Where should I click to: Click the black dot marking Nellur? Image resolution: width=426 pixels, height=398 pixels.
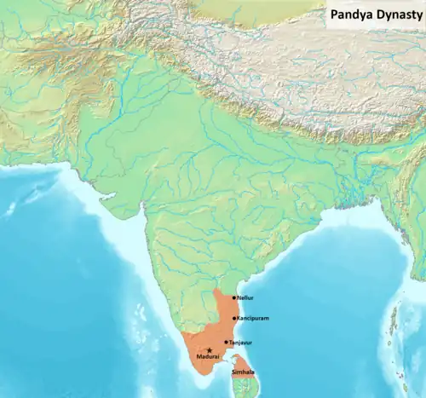(x=234, y=297)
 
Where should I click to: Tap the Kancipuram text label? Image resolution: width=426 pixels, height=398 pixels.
(x=253, y=318)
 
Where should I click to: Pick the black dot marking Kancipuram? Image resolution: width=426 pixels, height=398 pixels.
(x=234, y=318)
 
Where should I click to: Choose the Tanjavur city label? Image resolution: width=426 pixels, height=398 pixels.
(x=242, y=342)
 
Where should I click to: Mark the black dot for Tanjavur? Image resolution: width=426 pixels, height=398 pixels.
(x=226, y=342)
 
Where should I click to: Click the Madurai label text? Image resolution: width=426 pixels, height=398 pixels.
(x=208, y=356)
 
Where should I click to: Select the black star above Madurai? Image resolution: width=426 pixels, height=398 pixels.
(x=208, y=349)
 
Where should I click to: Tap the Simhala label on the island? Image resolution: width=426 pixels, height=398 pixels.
(x=243, y=372)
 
